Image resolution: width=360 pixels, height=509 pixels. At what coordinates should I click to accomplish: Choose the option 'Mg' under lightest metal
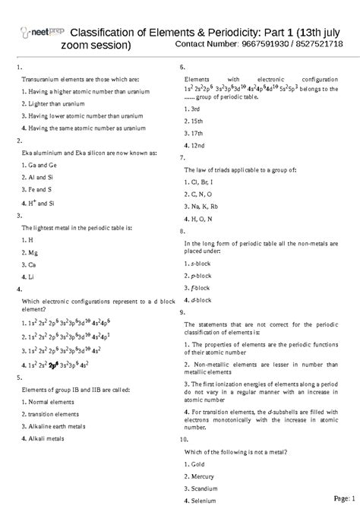30,251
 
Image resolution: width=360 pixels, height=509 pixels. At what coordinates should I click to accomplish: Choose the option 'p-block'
200,275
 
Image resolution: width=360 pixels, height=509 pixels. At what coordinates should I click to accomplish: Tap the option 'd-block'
200,299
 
